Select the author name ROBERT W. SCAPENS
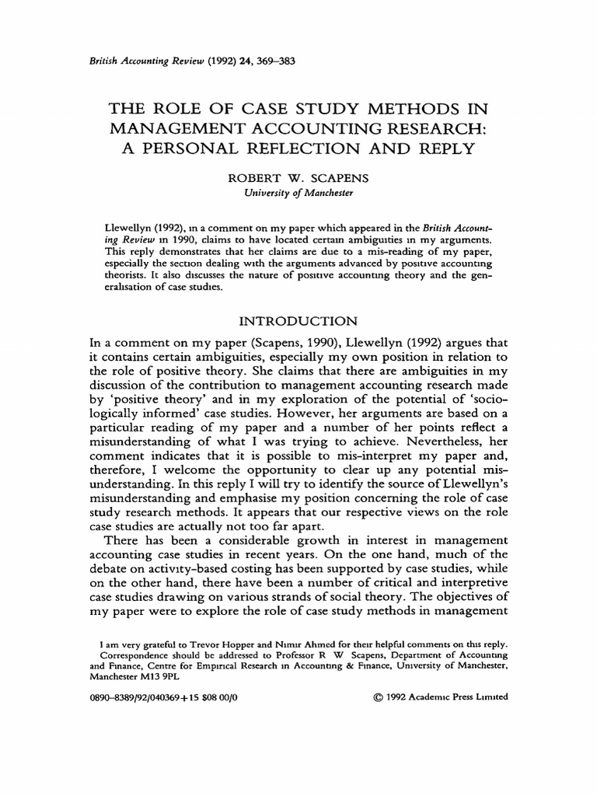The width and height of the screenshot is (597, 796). pos(298,178)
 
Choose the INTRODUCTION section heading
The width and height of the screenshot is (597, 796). pos(298,320)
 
